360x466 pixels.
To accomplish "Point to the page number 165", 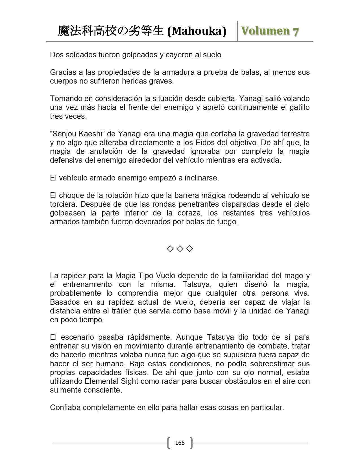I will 180,443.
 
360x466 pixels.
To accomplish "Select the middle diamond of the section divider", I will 180,249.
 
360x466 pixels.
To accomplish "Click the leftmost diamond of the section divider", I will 170,249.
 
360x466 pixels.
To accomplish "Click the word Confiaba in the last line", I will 65,408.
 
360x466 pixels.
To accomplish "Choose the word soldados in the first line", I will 77,55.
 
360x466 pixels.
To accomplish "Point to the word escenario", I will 76,337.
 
